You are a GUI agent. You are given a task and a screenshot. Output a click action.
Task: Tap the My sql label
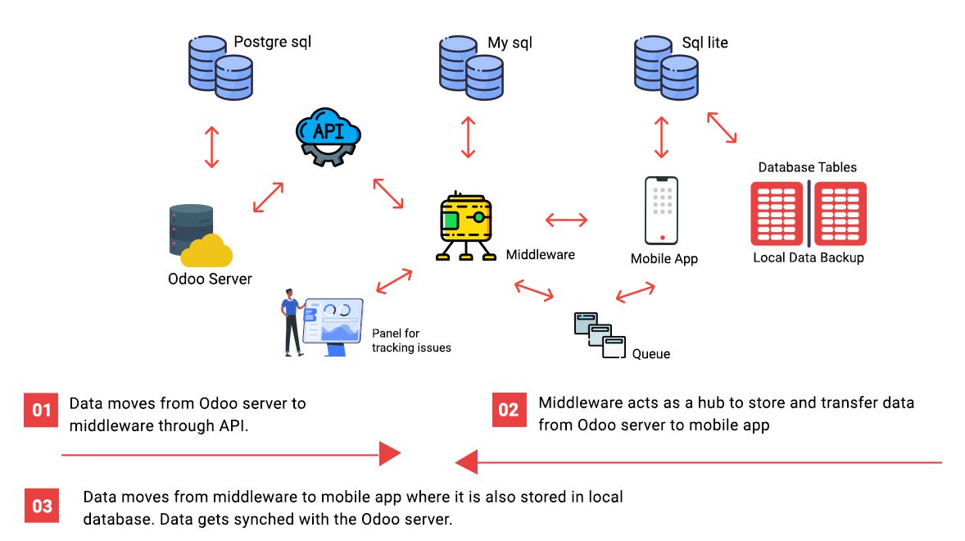click(510, 43)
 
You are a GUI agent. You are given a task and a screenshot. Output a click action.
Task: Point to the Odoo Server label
click(210, 279)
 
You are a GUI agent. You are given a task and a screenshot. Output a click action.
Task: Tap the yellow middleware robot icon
click(466, 226)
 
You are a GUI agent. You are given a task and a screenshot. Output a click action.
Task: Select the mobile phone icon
click(662, 210)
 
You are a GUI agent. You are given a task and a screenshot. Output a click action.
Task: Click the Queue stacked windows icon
click(599, 334)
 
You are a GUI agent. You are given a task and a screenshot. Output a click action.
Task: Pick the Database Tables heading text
click(807, 167)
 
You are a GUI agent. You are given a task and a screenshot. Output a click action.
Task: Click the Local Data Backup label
click(808, 257)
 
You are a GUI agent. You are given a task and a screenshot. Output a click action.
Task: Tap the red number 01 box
click(41, 409)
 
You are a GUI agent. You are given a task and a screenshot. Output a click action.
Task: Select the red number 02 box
click(509, 409)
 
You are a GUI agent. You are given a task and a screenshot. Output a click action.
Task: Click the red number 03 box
click(41, 506)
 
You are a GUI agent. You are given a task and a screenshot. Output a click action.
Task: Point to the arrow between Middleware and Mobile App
click(566, 220)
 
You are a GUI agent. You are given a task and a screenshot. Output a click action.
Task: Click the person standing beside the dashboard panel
click(292, 321)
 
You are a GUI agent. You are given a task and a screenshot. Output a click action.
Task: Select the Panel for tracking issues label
click(411, 340)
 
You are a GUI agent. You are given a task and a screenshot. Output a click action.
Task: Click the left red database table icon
click(777, 214)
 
